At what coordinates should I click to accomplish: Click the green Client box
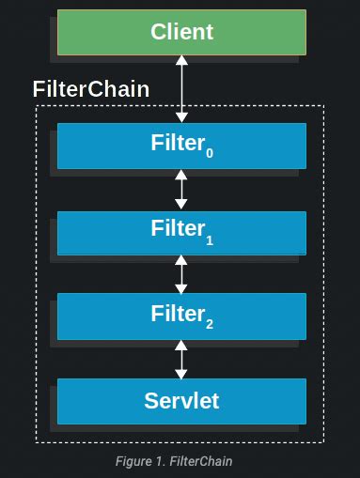point(94,32)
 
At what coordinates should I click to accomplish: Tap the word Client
point(181,32)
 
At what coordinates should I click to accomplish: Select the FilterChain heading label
point(91,89)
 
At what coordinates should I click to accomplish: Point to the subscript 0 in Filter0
point(209,153)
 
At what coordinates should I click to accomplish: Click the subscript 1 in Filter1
point(209,240)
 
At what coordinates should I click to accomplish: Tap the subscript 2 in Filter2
point(209,325)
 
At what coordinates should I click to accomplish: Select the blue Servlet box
point(94,401)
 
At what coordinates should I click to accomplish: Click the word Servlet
point(181,401)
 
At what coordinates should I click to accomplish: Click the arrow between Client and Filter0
point(181,89)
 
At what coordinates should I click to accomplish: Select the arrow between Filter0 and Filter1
point(181,190)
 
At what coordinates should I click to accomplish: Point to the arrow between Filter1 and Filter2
point(181,274)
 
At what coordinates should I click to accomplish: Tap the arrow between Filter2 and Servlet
point(181,359)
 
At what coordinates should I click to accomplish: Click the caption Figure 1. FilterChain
point(173,461)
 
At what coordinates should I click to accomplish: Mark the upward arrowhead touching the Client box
point(181,60)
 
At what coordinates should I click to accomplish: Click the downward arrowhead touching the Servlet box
point(181,374)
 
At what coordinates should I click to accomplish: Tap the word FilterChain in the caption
point(201,461)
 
